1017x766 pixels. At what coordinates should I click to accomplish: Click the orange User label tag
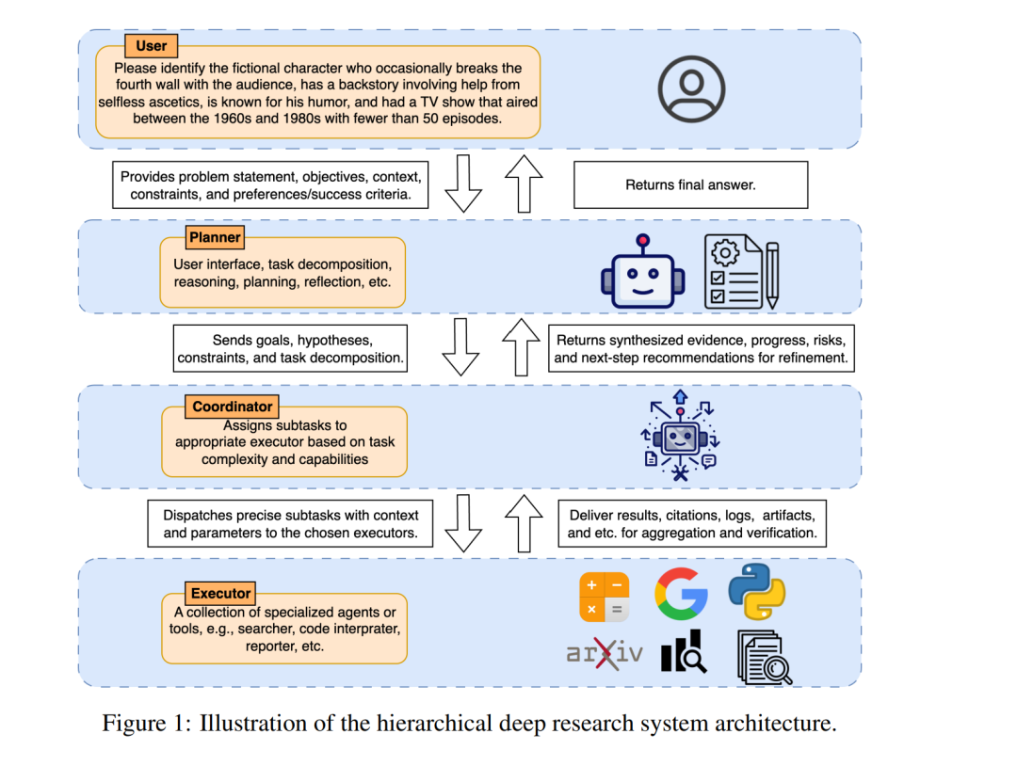click(151, 46)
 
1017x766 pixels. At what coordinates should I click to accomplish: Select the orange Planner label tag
click(215, 237)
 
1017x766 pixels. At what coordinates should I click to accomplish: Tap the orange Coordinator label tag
click(233, 407)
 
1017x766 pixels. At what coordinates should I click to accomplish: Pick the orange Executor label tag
click(220, 593)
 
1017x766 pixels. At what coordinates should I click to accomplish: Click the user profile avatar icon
click(691, 88)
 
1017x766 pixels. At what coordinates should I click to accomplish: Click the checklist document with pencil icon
click(741, 272)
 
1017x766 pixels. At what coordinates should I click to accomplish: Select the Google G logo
click(681, 594)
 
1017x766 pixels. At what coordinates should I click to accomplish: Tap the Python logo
click(757, 592)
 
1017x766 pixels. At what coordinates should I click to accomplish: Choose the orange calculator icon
click(605, 597)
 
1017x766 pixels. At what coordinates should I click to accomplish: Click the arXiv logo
click(605, 652)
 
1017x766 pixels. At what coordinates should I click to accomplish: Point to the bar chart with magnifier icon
click(684, 651)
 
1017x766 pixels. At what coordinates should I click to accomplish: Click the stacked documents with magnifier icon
click(765, 658)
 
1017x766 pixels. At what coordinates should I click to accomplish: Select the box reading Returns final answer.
click(691, 184)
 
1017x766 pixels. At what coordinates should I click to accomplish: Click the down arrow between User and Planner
click(463, 184)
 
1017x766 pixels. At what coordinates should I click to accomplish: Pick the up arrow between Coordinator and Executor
click(525, 523)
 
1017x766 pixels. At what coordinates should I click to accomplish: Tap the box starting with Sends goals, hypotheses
click(291, 349)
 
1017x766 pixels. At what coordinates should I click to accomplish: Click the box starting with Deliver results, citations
click(692, 523)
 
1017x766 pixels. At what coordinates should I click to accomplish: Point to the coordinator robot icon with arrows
click(680, 436)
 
